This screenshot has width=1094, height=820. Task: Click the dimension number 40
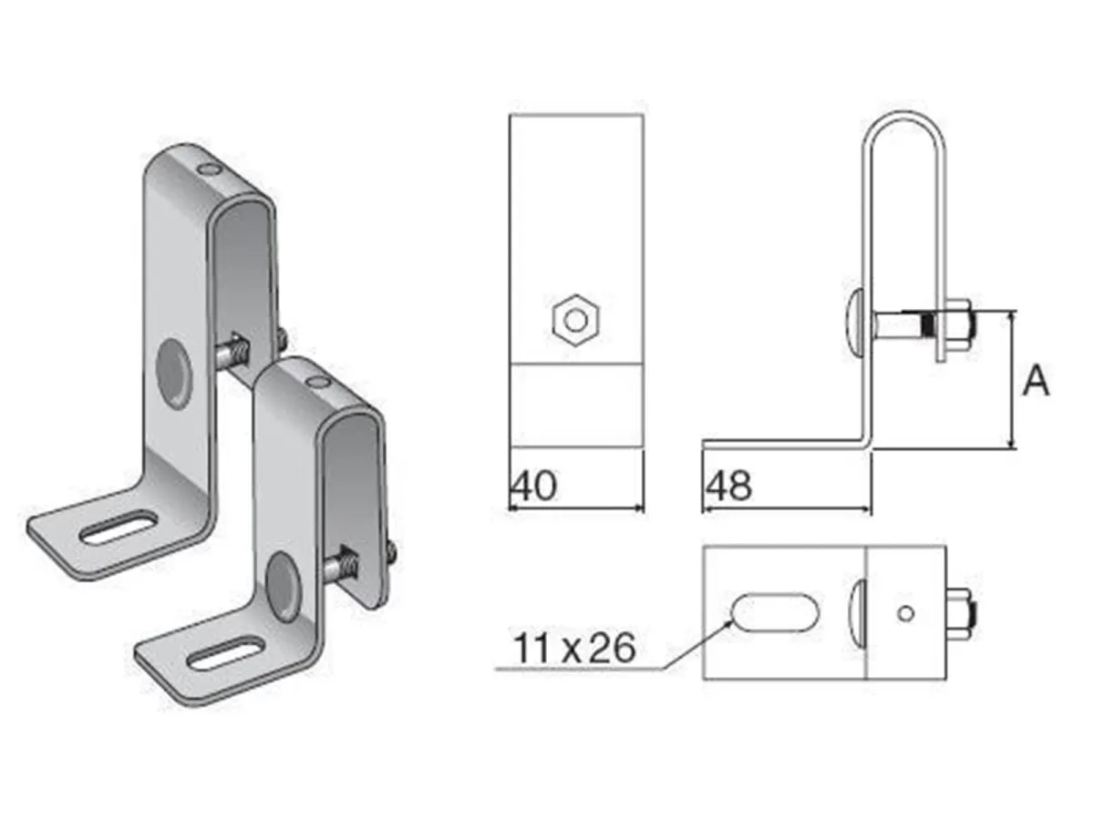pyautogui.click(x=533, y=487)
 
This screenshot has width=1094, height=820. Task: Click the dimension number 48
pyautogui.click(x=728, y=487)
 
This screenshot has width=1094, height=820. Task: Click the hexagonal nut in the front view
pyautogui.click(x=575, y=320)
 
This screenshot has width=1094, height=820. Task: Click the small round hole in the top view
pyautogui.click(x=904, y=613)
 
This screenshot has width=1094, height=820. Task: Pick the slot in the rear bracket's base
pyautogui.click(x=119, y=529)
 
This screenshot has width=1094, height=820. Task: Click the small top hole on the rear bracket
pyautogui.click(x=209, y=169)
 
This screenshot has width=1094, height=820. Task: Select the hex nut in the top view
pyautogui.click(x=963, y=612)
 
